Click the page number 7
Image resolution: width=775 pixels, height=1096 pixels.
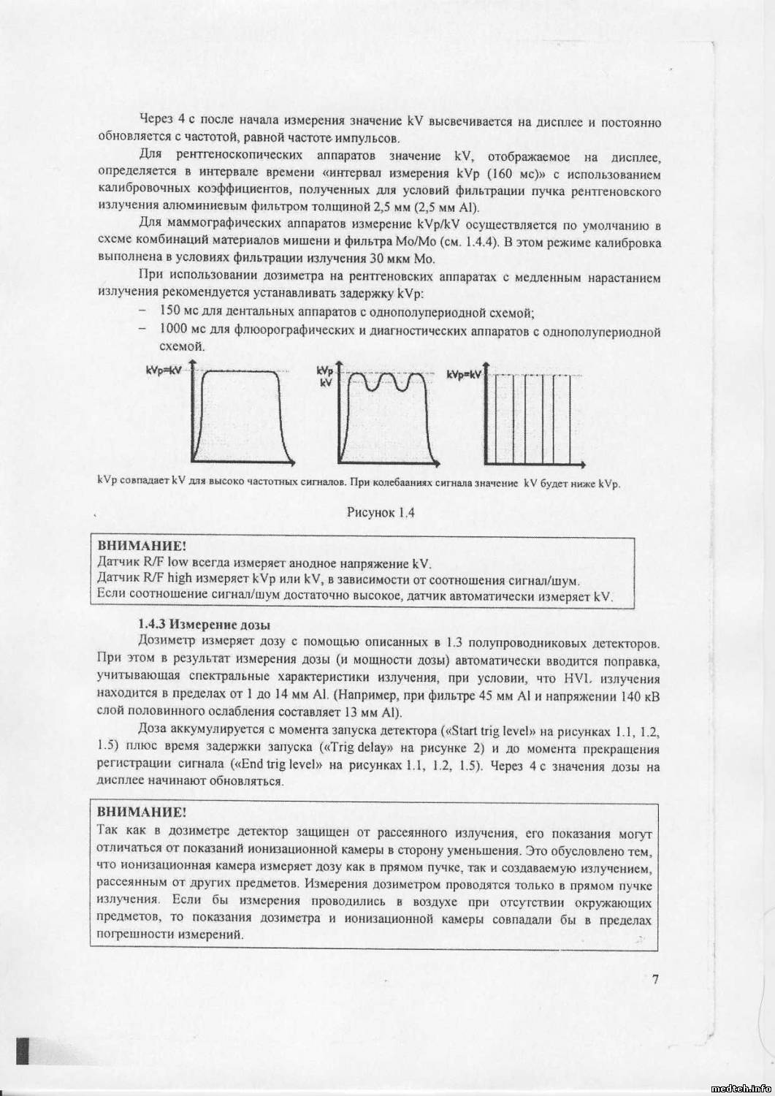point(655,979)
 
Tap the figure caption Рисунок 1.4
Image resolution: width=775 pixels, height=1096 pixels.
point(381,513)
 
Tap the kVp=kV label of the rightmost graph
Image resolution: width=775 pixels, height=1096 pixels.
point(465,374)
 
